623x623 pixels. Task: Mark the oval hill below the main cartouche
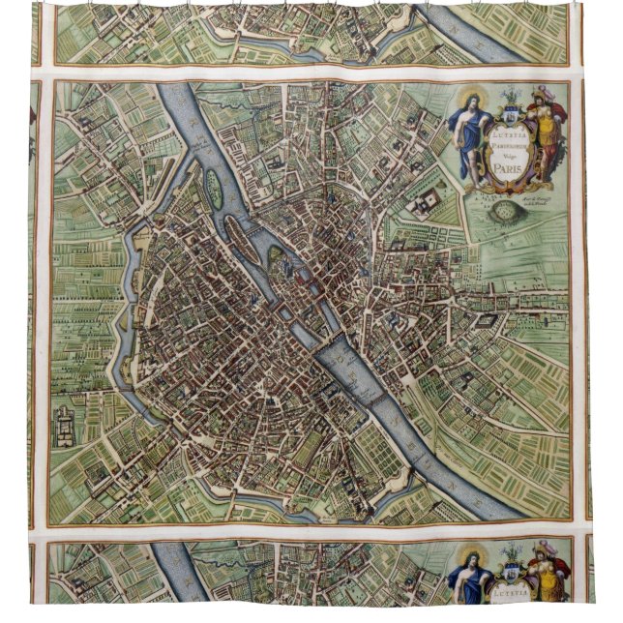coord(504,207)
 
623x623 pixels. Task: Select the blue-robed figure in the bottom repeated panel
coord(469,580)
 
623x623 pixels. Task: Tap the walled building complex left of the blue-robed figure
coord(425,203)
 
